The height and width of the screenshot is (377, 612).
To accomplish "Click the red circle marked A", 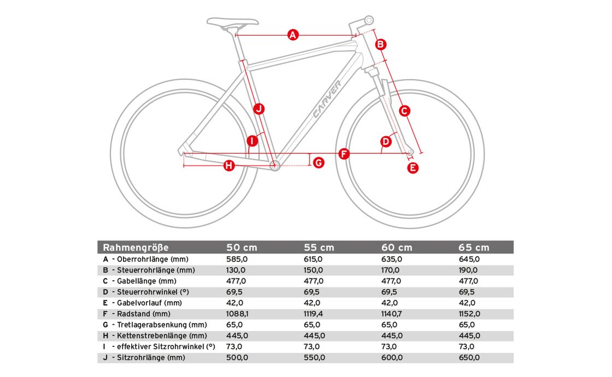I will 293,36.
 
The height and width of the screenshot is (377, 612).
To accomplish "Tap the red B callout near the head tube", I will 381,44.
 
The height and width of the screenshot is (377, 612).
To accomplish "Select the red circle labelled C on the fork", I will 404,111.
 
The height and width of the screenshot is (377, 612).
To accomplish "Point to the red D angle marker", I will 386,142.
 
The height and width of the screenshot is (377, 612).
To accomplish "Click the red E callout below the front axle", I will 413,168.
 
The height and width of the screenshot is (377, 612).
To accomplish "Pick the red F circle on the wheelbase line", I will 343,154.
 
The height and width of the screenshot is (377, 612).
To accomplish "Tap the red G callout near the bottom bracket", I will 318,162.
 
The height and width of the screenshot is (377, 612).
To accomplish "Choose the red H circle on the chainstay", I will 229,165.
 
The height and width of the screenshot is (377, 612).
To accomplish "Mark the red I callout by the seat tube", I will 252,141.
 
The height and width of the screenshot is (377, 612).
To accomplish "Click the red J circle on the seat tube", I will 259,108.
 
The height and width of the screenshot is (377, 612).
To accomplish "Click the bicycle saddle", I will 232,22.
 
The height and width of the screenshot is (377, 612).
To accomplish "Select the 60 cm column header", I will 397,247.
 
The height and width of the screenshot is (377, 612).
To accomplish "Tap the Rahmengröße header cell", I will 136,247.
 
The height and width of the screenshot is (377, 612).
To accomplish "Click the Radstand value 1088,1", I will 237,314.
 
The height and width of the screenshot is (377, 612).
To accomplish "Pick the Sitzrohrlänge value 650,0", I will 469,358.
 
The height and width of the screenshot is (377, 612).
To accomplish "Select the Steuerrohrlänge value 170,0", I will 392,270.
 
